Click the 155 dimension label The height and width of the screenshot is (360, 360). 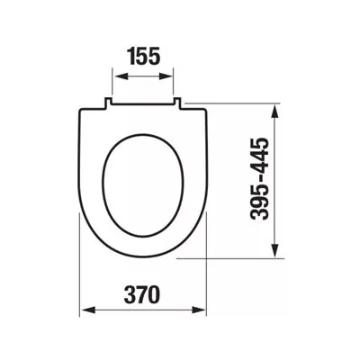coord(144,57)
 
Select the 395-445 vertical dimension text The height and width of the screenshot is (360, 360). coord(259,179)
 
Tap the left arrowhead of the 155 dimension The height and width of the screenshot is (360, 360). coord(121,76)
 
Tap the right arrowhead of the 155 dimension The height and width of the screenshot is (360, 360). coord(166,76)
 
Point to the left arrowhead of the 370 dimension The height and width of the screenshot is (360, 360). coord(88,310)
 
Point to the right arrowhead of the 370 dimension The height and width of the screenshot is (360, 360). coord(199,310)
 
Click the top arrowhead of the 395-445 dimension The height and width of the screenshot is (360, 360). coord(275,111)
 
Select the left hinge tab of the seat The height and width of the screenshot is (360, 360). coord(108,103)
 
